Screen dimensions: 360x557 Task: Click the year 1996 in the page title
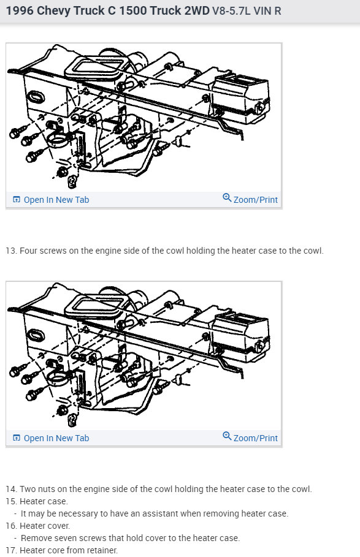click(x=20, y=10)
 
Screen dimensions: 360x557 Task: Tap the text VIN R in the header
click(x=267, y=11)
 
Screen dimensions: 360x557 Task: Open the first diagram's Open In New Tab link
click(x=56, y=200)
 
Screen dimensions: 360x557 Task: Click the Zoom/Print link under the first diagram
click(x=255, y=200)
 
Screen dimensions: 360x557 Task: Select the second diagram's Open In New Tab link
click(x=56, y=438)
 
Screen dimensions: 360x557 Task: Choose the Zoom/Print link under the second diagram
click(x=255, y=438)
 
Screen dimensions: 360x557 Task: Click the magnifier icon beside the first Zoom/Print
click(x=227, y=197)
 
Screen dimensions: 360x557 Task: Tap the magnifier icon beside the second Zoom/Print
click(x=227, y=436)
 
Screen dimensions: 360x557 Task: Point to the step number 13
click(x=11, y=251)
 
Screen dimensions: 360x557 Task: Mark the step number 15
click(x=11, y=501)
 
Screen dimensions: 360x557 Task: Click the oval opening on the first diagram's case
click(x=36, y=97)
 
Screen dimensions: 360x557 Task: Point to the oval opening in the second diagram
click(x=36, y=336)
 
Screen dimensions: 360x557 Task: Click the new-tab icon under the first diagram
click(x=17, y=199)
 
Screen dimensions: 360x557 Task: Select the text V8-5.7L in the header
click(x=231, y=11)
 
